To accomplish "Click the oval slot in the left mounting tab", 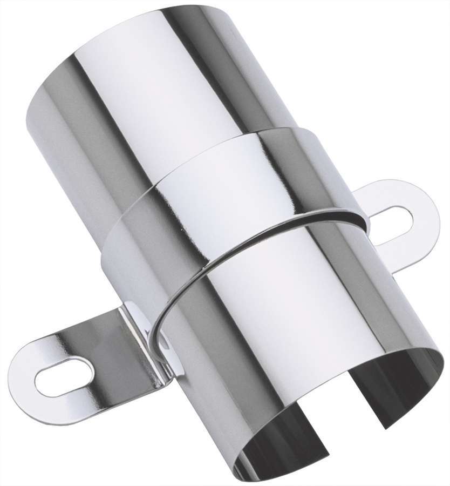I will click(x=64, y=376).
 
